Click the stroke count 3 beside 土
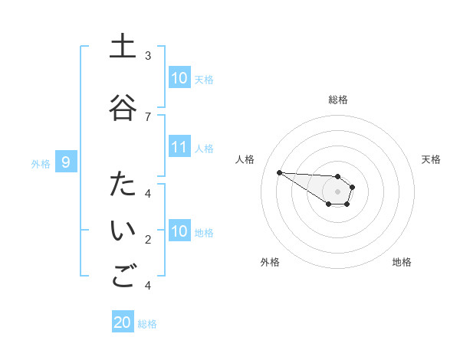[148, 55]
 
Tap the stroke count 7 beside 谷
[148, 116]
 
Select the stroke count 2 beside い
[148, 240]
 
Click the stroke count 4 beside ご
[148, 286]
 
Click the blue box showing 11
[179, 147]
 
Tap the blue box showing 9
[67, 162]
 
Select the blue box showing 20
[123, 322]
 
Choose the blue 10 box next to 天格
[179, 78]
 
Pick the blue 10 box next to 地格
[179, 231]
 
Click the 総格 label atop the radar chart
[338, 100]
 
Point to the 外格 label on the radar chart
[270, 262]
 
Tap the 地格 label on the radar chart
[402, 262]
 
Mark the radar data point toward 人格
[279, 172]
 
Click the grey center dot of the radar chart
[338, 191]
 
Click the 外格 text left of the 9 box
[40, 163]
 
